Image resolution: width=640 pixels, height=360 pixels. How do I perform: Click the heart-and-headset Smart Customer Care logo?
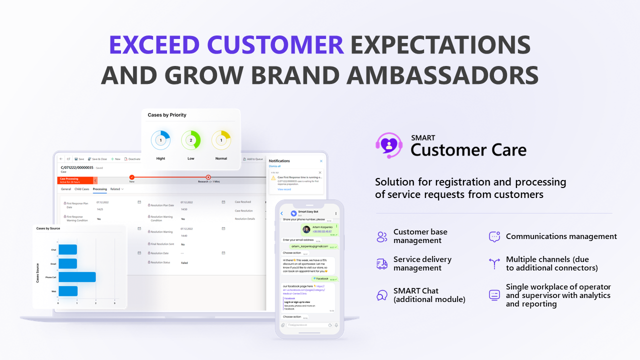point(388,145)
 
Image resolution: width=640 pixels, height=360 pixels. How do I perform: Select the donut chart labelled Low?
point(190,140)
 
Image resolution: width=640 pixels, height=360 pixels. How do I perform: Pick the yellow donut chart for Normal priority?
point(221,140)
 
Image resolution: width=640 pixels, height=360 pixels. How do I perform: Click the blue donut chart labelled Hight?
point(160,140)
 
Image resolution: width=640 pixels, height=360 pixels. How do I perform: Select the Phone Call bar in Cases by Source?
point(77,277)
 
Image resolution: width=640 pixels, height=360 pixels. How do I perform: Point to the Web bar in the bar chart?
point(68,291)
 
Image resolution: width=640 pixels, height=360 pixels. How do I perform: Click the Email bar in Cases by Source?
point(67,263)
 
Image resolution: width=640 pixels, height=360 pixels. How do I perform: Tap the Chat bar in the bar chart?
point(67,249)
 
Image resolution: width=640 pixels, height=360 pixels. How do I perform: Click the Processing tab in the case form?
point(99,189)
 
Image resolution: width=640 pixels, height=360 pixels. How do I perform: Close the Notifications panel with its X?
point(321,161)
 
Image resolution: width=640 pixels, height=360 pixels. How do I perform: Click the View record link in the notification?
point(284,189)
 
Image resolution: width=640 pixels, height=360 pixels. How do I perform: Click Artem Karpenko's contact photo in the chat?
point(306,229)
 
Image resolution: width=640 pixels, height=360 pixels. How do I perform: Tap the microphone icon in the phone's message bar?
point(336,325)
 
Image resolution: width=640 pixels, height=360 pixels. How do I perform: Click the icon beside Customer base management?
point(382,236)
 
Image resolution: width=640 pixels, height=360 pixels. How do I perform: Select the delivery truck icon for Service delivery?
point(382,264)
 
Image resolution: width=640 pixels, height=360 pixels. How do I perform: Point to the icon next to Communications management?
point(494,236)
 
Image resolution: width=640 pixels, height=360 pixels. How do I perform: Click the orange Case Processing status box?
point(75,180)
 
